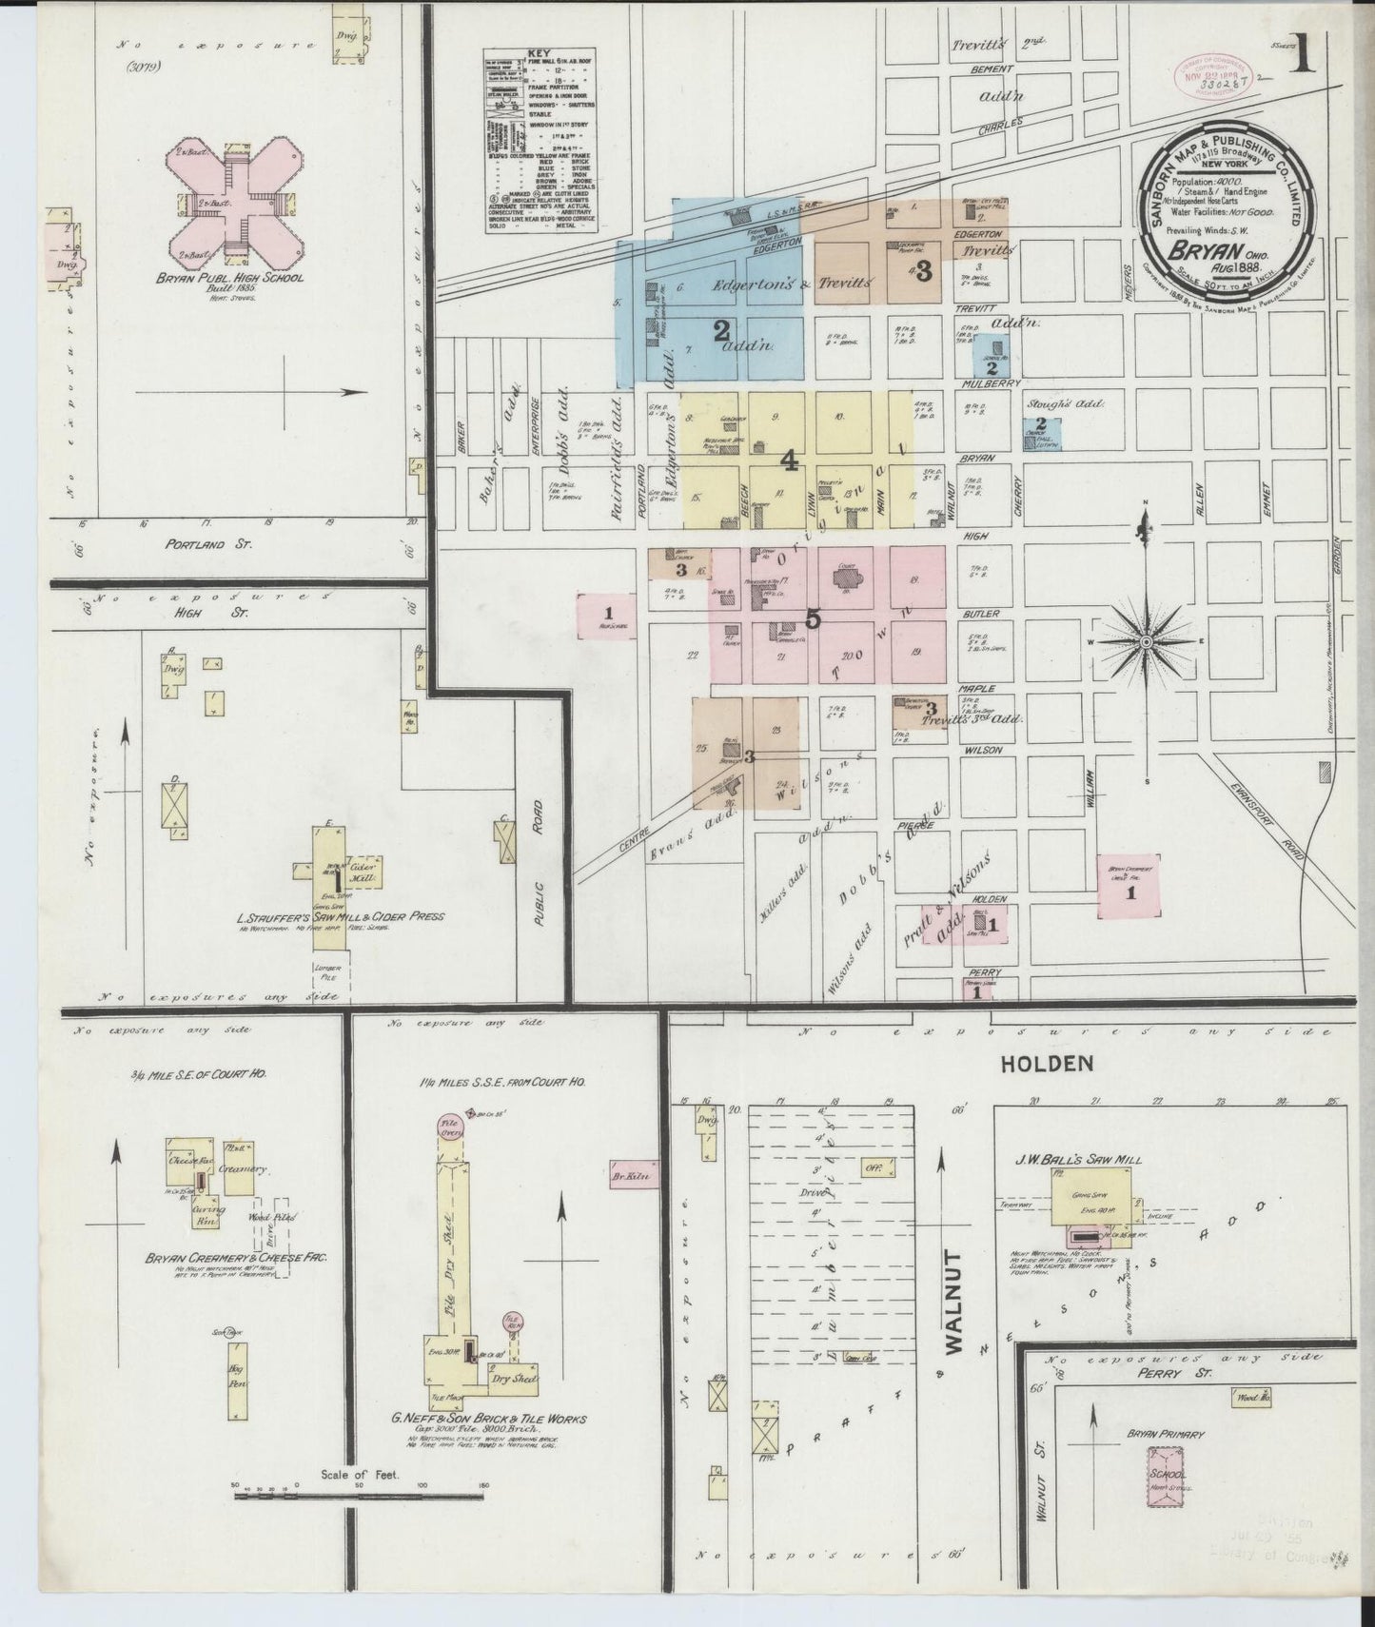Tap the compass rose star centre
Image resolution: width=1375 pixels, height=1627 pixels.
[1147, 643]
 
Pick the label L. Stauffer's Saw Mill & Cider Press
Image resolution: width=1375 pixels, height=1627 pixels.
[340, 918]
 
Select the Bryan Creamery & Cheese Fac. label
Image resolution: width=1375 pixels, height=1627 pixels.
[236, 1257]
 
